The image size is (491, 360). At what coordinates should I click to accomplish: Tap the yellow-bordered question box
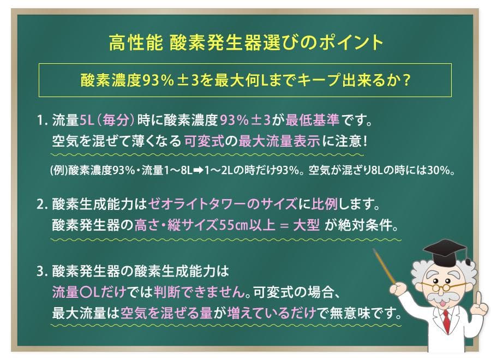pos(245,80)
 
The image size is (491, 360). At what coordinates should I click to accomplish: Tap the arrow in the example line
pos(195,170)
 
